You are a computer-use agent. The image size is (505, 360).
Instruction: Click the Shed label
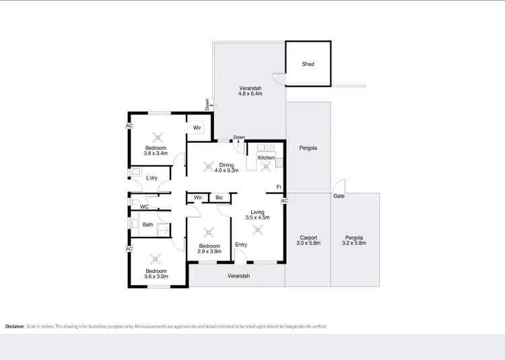(x=307, y=65)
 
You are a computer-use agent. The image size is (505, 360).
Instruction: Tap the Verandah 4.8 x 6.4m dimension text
(x=250, y=95)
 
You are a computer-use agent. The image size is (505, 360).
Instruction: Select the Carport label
(x=308, y=238)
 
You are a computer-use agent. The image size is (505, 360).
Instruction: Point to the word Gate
(x=338, y=196)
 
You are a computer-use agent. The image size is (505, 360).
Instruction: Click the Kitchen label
(x=266, y=157)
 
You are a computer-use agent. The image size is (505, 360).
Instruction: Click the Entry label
(x=241, y=245)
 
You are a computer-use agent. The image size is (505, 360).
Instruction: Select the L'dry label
(x=152, y=178)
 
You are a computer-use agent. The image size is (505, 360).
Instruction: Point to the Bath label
(x=147, y=225)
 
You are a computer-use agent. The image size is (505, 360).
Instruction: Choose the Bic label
(x=219, y=197)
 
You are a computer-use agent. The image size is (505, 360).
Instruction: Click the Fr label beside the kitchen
(x=278, y=186)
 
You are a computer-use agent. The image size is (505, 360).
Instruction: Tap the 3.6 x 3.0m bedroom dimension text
(x=156, y=276)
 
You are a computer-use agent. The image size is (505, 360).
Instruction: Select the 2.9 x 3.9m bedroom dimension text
(x=209, y=252)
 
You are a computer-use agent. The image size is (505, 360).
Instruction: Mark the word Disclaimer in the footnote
(x=15, y=326)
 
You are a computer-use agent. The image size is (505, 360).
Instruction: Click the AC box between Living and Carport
(x=284, y=201)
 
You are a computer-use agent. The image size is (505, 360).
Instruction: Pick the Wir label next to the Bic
(x=198, y=197)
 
